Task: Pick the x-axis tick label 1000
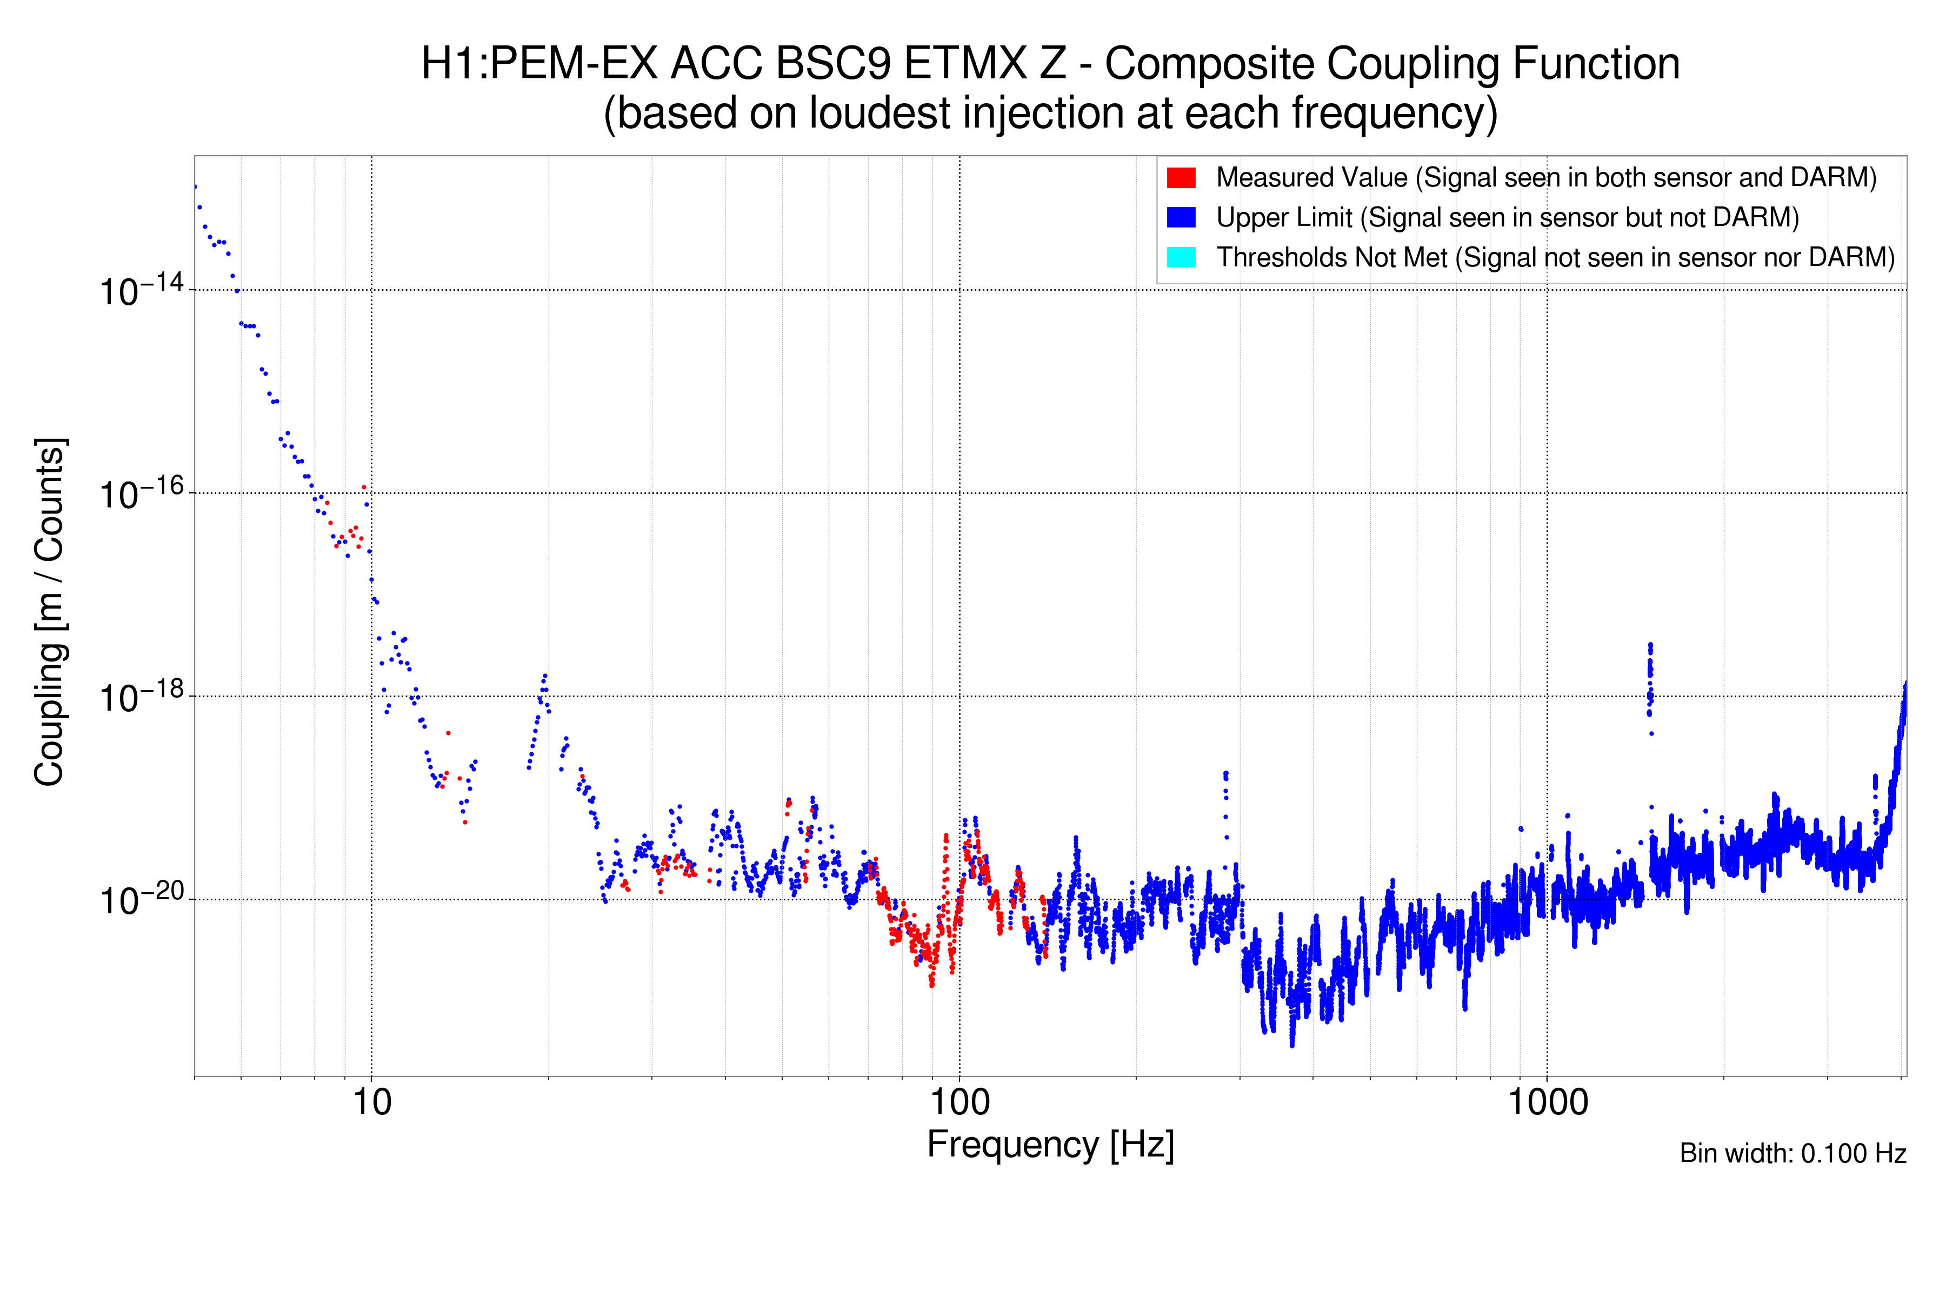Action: coord(1547,1102)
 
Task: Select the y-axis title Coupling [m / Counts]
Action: coord(50,612)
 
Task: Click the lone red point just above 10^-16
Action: coord(364,487)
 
